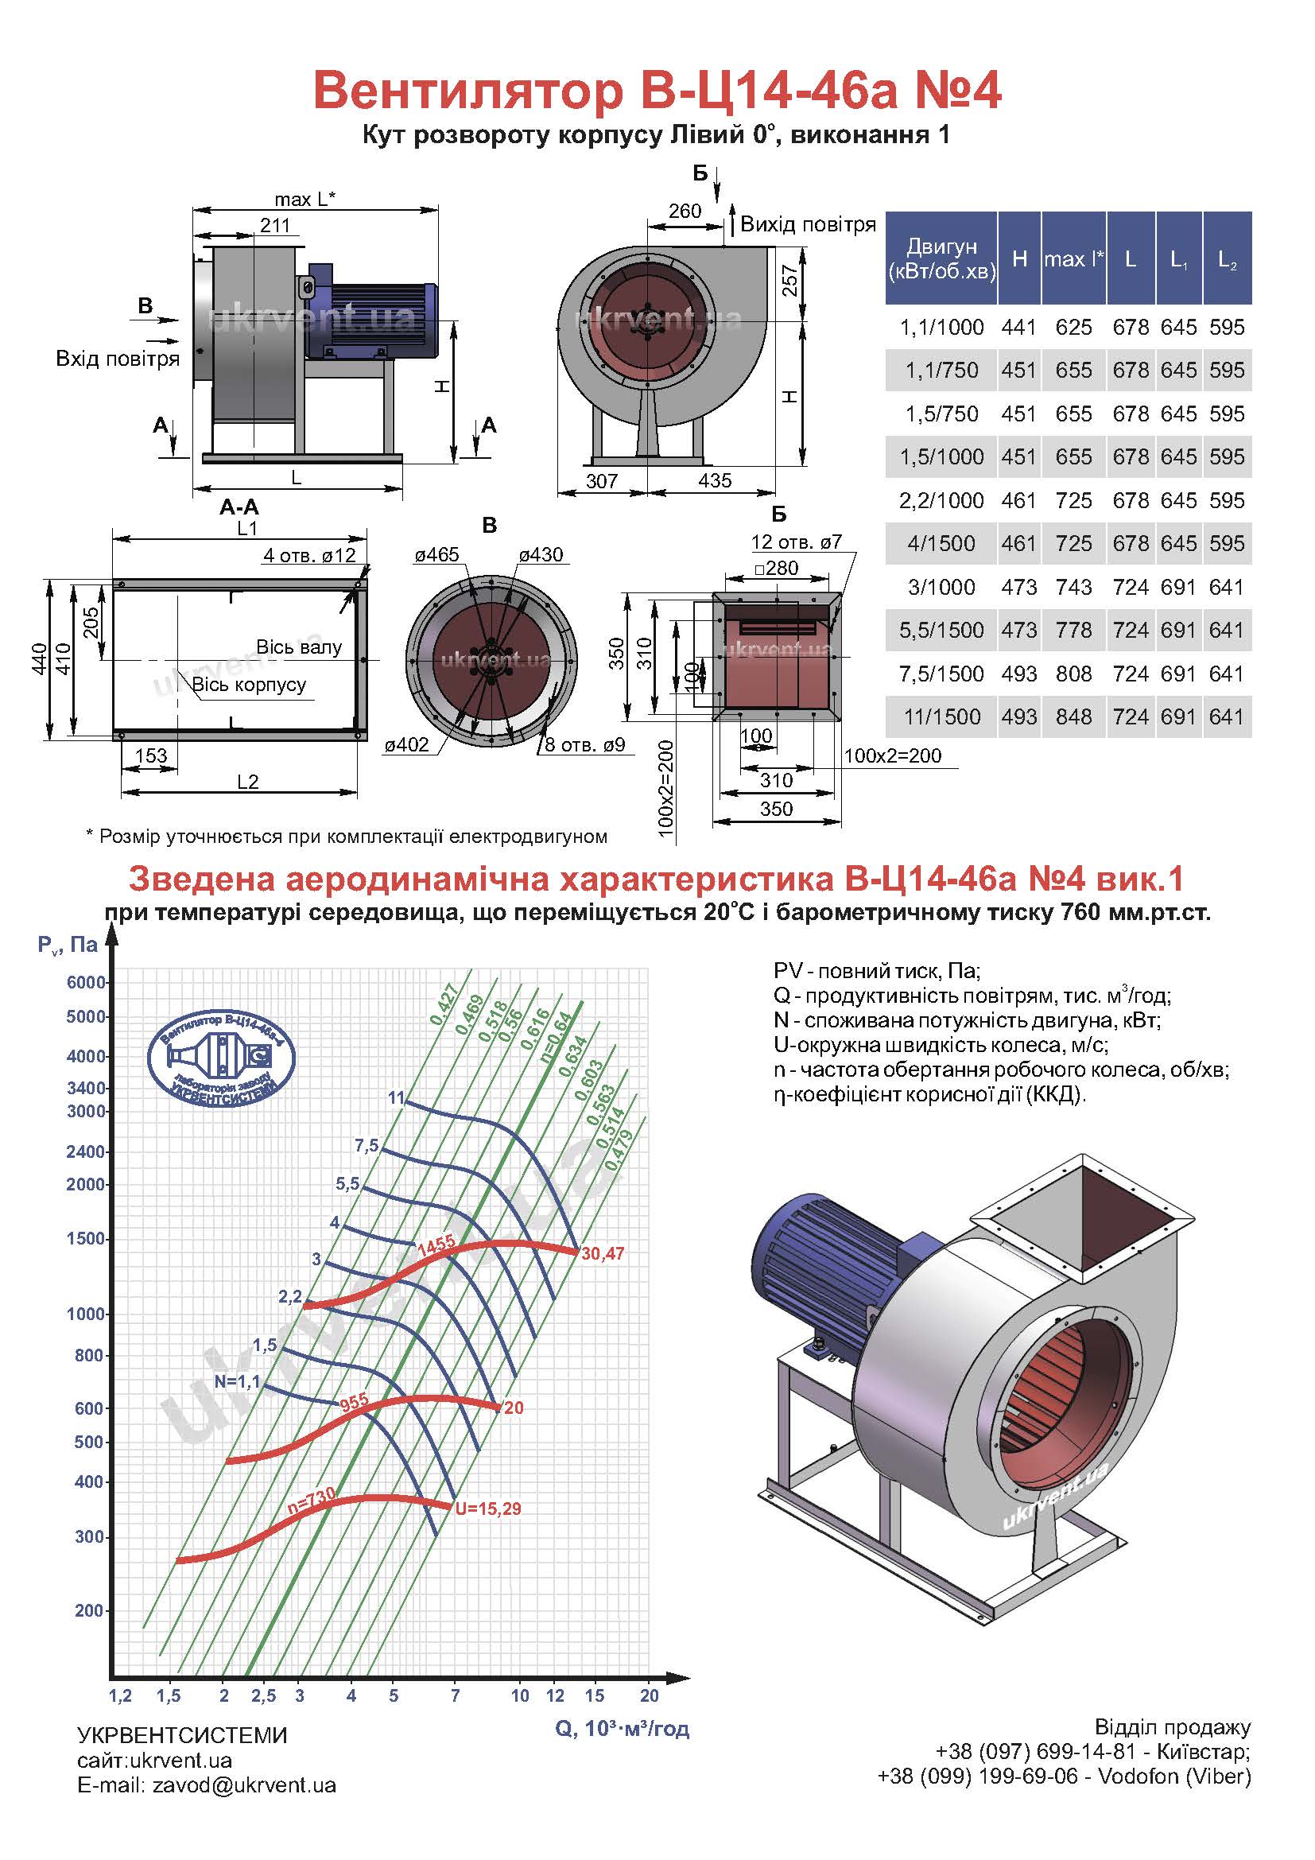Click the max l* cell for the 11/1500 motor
(x=1073, y=717)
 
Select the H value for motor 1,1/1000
(x=1018, y=328)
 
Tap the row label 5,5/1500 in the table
(x=941, y=631)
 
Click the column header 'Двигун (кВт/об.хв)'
(x=941, y=258)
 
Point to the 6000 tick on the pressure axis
(x=87, y=982)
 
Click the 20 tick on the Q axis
(x=650, y=1695)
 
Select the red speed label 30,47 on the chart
(x=603, y=1254)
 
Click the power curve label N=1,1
(x=237, y=1380)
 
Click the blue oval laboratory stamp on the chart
(x=221, y=1056)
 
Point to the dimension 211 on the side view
(x=274, y=224)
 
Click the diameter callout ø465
(x=436, y=555)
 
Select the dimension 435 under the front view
(x=715, y=480)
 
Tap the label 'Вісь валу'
(x=299, y=647)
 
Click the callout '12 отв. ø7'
(x=797, y=542)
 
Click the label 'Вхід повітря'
(x=118, y=358)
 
